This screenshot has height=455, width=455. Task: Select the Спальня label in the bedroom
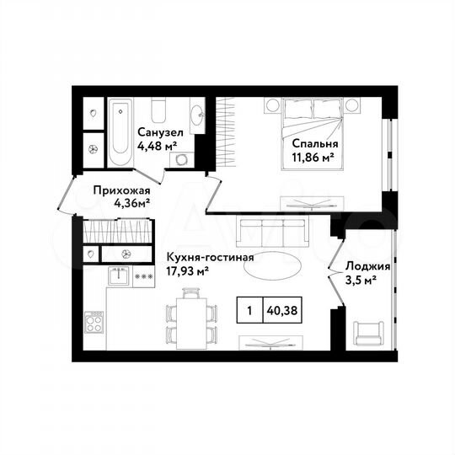308,142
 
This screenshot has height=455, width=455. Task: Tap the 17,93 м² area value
187,270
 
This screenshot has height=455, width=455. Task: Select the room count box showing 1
249,310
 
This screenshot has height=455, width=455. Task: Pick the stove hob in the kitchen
93,322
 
